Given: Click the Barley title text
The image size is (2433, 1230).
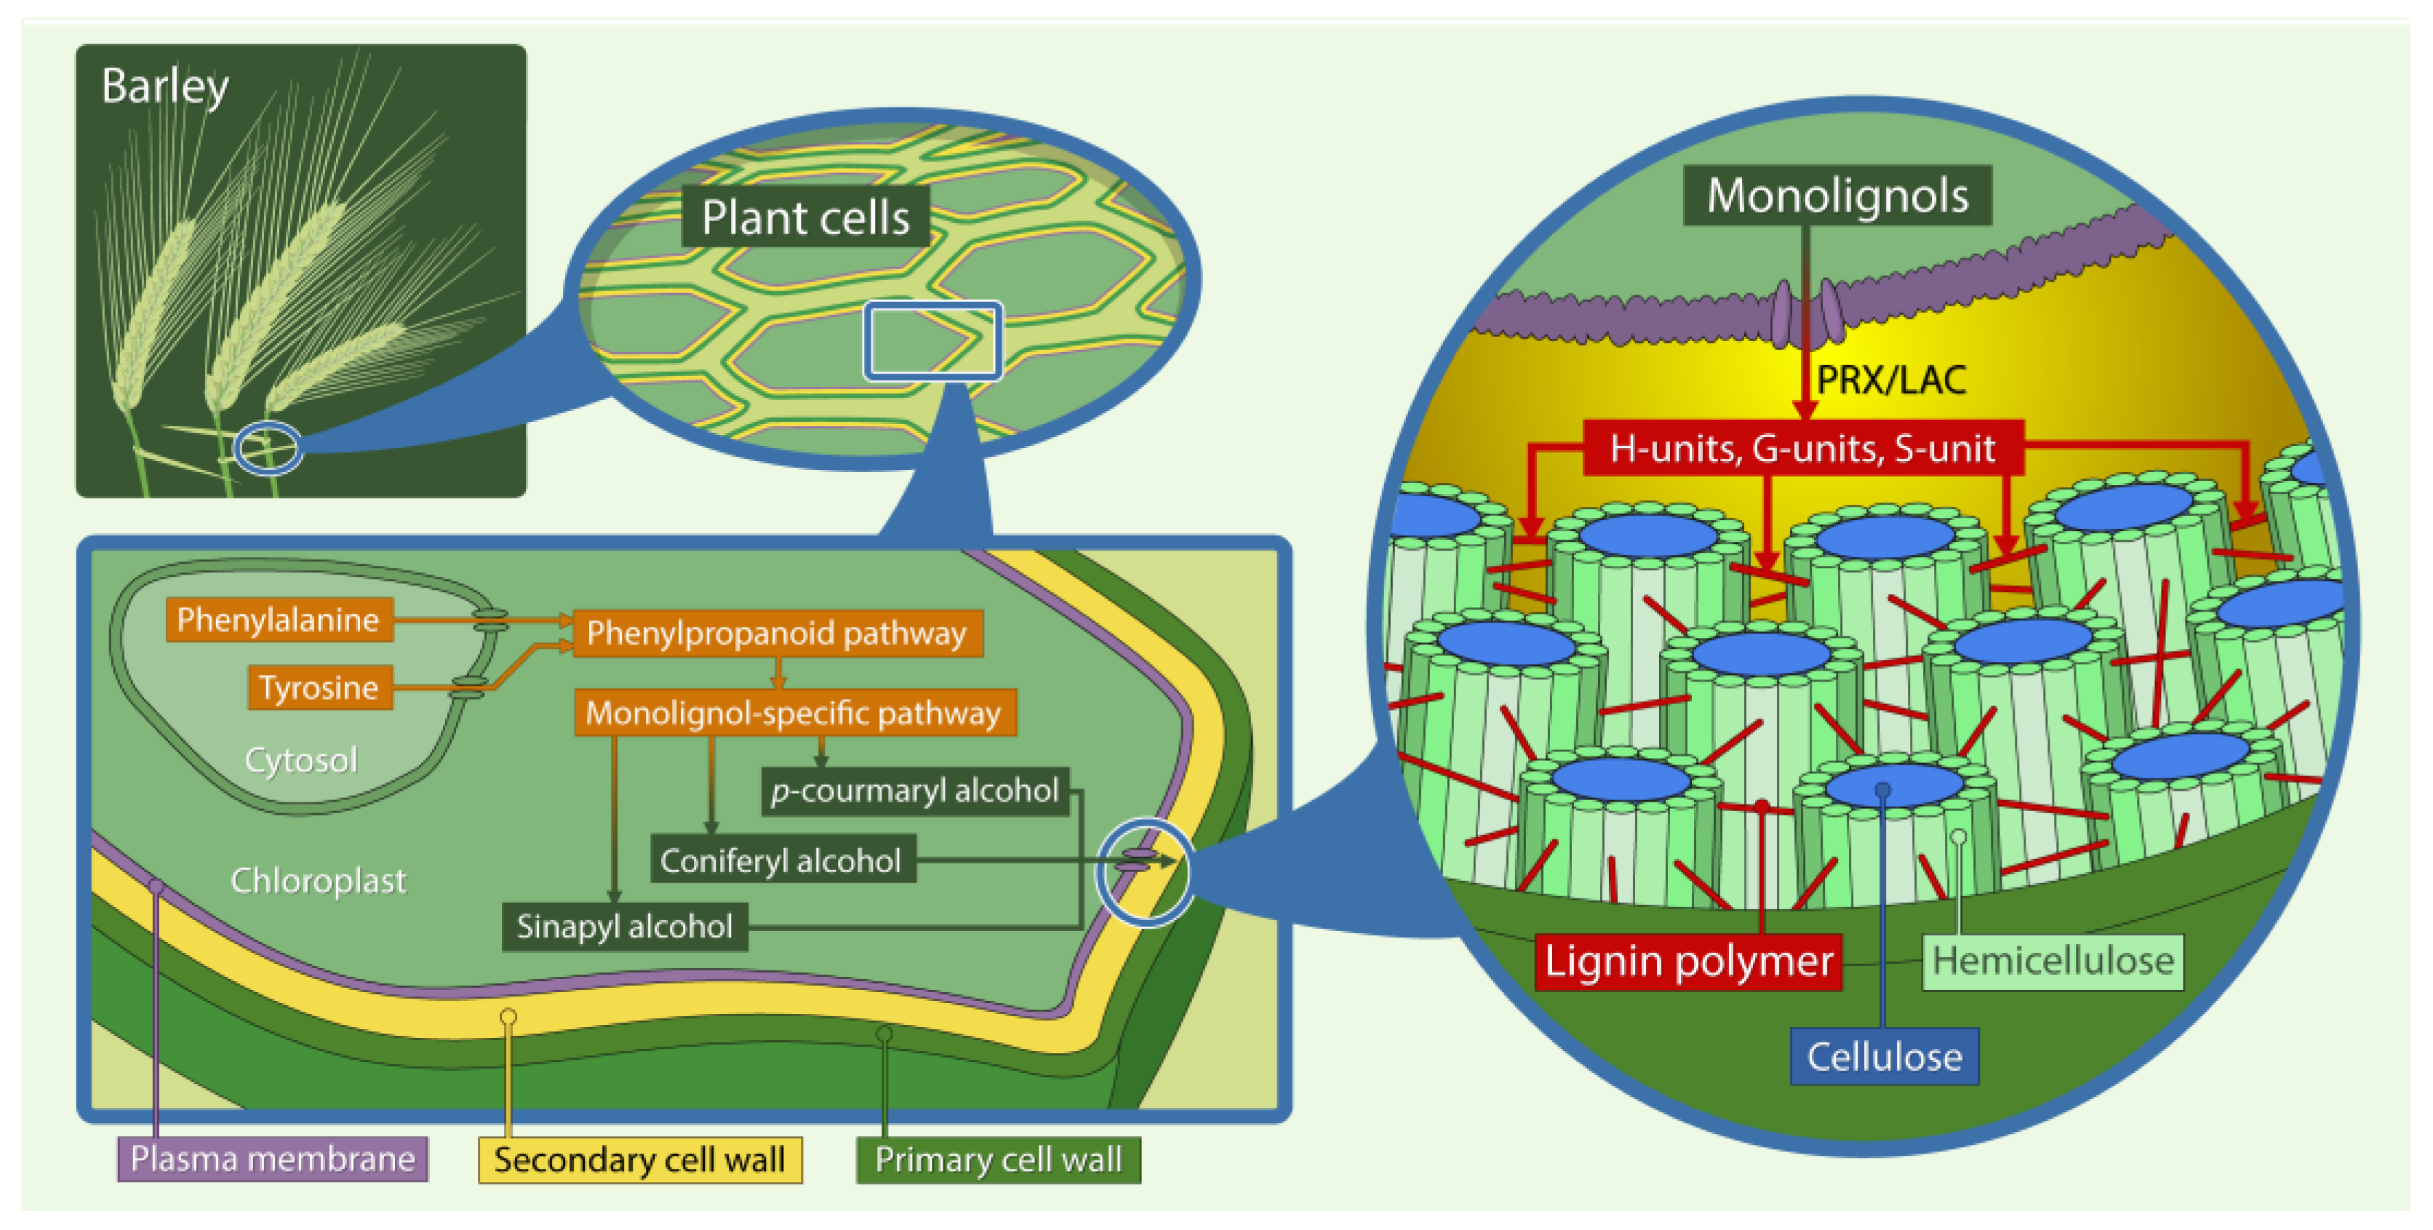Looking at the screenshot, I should tap(164, 87).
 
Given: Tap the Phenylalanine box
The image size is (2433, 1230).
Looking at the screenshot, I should tap(279, 620).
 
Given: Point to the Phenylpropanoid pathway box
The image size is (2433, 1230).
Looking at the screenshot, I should tap(776, 633).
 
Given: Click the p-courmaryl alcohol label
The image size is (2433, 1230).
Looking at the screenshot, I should tap(914, 791).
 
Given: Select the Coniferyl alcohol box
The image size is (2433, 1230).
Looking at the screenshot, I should tap(781, 860).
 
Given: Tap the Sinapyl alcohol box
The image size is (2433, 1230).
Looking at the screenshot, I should tap(624, 926).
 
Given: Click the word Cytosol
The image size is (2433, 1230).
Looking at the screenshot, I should tap(300, 759).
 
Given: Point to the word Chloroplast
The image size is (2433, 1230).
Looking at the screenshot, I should tap(319, 880).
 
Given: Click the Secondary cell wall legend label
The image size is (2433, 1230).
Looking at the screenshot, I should tap(639, 1159).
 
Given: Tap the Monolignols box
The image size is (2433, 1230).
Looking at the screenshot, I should tap(1837, 196).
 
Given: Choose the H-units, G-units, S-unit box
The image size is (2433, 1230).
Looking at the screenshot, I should tap(1802, 448).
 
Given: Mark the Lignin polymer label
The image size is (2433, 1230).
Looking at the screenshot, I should tap(1687, 961).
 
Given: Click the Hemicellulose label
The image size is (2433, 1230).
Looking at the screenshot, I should tap(2053, 961).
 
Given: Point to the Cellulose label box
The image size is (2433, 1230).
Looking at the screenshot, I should tap(1885, 1056).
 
